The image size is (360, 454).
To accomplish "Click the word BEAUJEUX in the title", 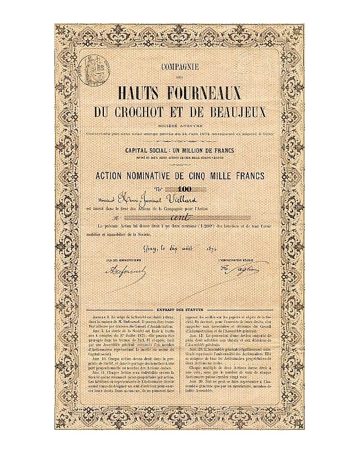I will pos(235,109).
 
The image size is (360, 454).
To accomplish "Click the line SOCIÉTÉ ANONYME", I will pos(180,123).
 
